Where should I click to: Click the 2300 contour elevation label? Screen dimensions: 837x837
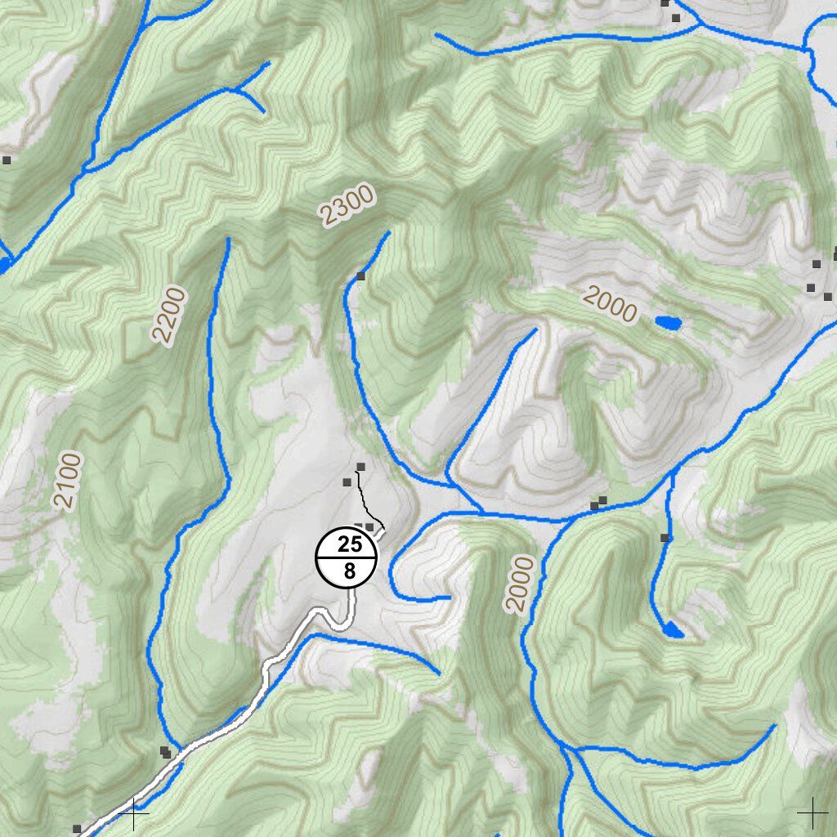coord(348,205)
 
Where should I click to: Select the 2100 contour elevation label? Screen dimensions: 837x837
coord(69,481)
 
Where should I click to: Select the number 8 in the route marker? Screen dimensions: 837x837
coord(349,571)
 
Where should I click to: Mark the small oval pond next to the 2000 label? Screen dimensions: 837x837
coord(669,323)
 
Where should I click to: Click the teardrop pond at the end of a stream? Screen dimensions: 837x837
coord(673,629)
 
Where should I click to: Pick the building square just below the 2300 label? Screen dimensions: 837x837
coord(361,276)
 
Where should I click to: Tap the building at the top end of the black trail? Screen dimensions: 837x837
coord(360,467)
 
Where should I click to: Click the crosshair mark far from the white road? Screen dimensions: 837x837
coord(812,812)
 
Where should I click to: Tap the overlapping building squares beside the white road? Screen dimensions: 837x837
coord(166,752)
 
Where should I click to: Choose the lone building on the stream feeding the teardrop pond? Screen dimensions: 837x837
coord(665,538)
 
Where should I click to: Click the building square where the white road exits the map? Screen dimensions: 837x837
coord(77,829)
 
